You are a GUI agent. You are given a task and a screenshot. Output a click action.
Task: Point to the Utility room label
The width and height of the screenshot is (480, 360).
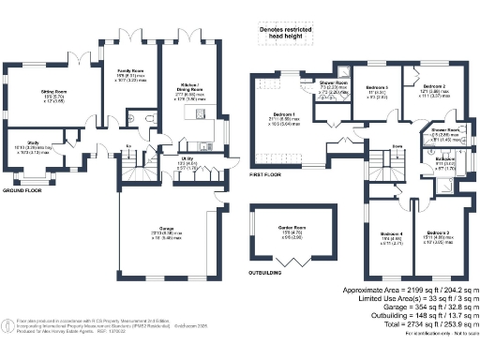click(x=187, y=159)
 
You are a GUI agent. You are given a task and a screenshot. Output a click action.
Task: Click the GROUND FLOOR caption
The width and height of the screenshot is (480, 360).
click(x=22, y=189)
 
